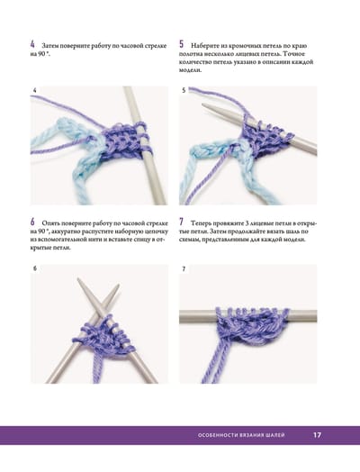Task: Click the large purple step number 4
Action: point(32,45)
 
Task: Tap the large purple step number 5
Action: point(182,44)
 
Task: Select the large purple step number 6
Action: point(32,222)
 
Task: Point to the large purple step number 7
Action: point(182,222)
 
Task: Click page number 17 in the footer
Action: point(317,435)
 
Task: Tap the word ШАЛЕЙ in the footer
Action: point(275,435)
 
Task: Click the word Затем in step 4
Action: point(50,46)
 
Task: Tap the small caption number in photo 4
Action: point(35,90)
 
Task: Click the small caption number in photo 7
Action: point(184,268)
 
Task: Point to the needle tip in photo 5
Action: point(202,104)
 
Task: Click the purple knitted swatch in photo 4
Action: point(121,141)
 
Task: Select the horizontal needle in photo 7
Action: point(247,316)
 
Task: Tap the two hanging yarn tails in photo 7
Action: point(216,361)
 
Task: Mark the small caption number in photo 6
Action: point(35,268)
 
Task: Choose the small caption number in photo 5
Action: point(184,90)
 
